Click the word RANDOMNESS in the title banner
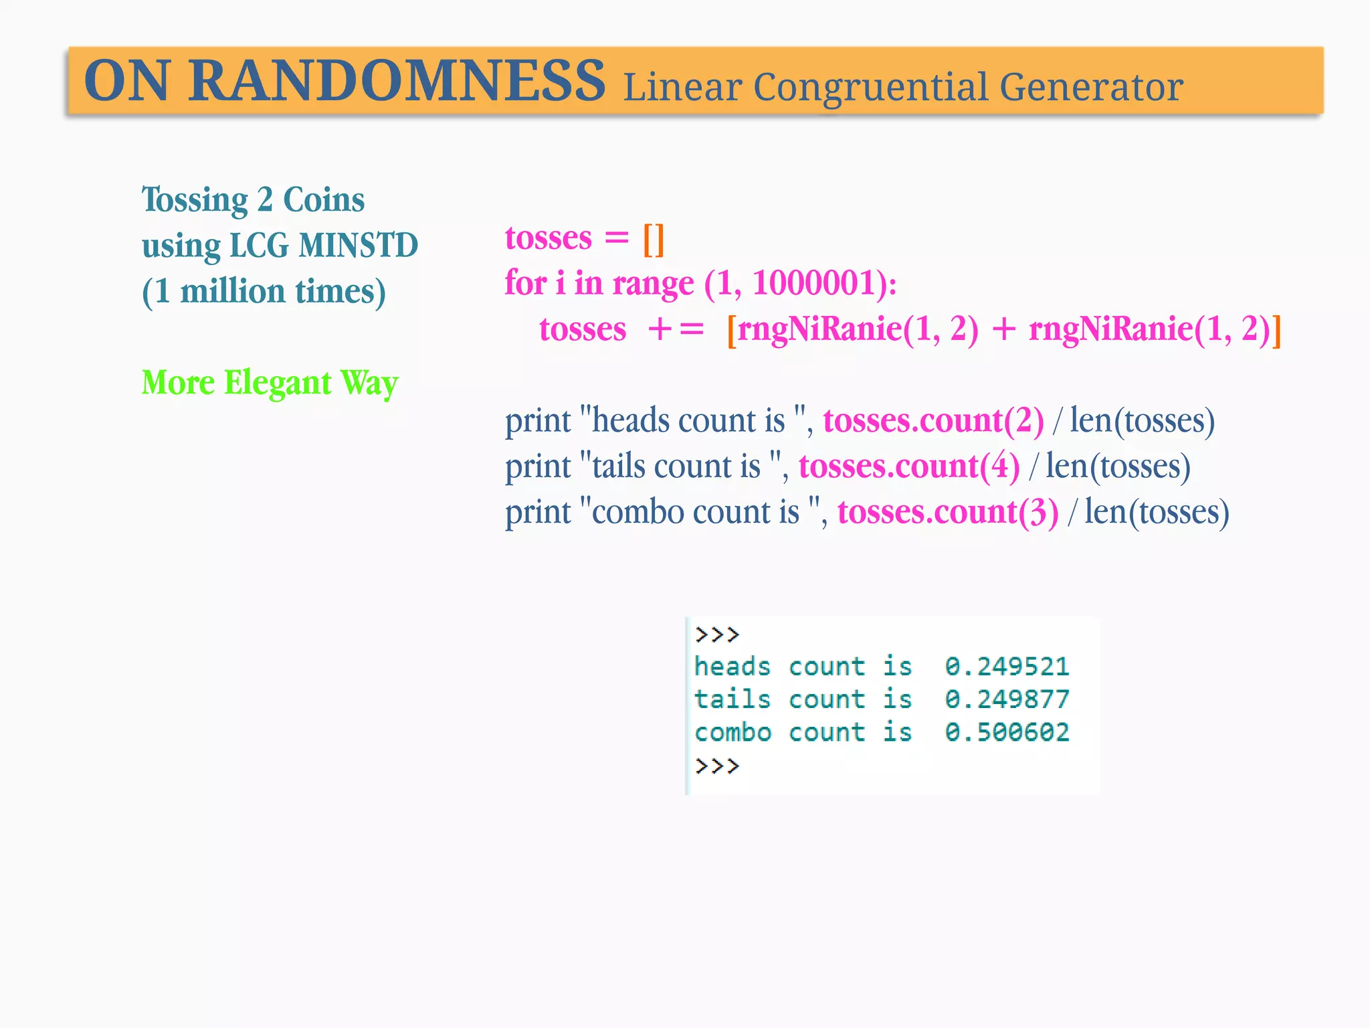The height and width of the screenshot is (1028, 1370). pyautogui.click(x=396, y=81)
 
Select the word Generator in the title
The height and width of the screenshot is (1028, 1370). pyautogui.click(x=1091, y=88)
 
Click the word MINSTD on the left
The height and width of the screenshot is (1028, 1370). pyautogui.click(x=358, y=245)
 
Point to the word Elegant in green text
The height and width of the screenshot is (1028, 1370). pyautogui.click(x=278, y=383)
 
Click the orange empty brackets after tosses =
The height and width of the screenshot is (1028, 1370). pyautogui.click(x=653, y=239)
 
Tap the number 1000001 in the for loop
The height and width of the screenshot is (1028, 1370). pyautogui.click(x=814, y=283)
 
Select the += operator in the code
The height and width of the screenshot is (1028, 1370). pyautogui.click(x=676, y=329)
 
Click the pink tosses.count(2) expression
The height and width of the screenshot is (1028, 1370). pyautogui.click(x=933, y=421)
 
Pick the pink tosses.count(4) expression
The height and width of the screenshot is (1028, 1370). pyautogui.click(x=909, y=466)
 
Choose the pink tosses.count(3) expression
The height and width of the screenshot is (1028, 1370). pyautogui.click(x=948, y=512)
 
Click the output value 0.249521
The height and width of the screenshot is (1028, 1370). pyautogui.click(x=1007, y=667)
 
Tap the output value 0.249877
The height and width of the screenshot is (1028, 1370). pyautogui.click(x=1007, y=699)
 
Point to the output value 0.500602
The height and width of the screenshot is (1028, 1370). pyautogui.click(x=1007, y=732)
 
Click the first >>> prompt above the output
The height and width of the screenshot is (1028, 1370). pyautogui.click(x=717, y=634)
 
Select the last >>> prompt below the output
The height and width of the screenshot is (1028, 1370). pyautogui.click(x=717, y=765)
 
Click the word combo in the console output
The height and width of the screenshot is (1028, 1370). pyautogui.click(x=733, y=732)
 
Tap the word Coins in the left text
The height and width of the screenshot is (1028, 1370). pyautogui.click(x=324, y=199)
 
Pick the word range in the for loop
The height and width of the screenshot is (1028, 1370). pyautogui.click(x=653, y=283)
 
